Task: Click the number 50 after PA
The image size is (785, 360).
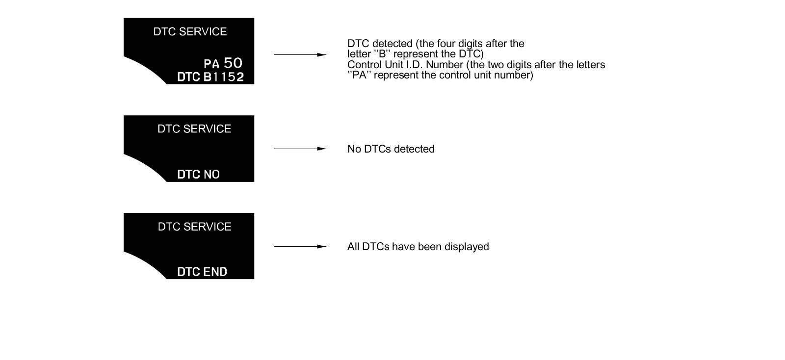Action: [x=233, y=63]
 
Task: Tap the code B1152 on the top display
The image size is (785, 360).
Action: [x=223, y=77]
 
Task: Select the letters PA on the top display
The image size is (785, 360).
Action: [x=211, y=64]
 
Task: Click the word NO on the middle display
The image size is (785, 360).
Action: [x=211, y=175]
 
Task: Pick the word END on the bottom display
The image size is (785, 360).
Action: [x=215, y=272]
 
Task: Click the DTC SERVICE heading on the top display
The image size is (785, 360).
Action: [x=190, y=32]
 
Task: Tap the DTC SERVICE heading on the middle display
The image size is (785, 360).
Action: [x=194, y=129]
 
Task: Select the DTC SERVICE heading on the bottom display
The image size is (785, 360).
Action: [x=194, y=227]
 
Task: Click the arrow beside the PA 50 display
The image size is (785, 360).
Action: [x=300, y=54]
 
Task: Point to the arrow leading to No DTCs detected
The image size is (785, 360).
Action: [x=300, y=149]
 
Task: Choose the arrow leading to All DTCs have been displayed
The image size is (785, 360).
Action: [x=300, y=246]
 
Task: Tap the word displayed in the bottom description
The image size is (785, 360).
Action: [x=467, y=247]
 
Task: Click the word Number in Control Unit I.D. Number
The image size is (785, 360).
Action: [x=444, y=65]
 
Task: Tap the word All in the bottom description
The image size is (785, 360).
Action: [x=353, y=247]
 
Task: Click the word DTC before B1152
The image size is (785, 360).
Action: [x=188, y=77]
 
